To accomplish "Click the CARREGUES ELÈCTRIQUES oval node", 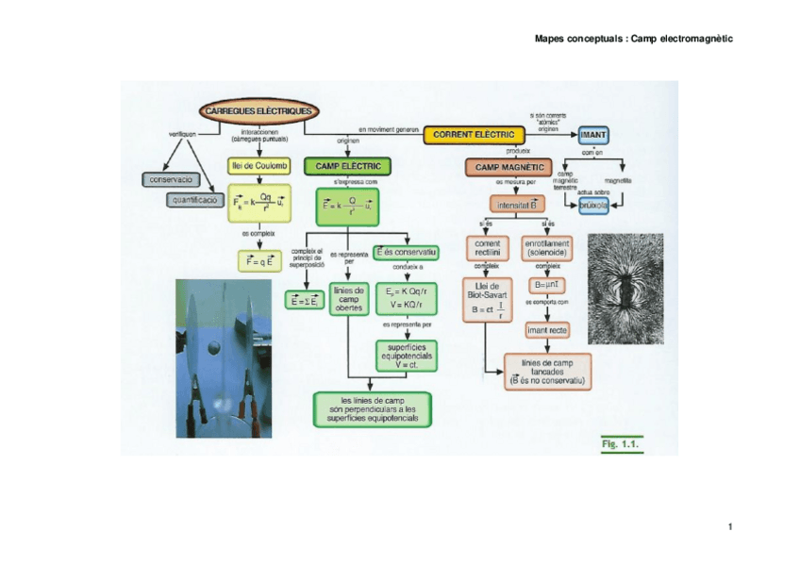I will pyautogui.click(x=256, y=111).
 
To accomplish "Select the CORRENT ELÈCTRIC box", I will pyautogui.click(x=473, y=136).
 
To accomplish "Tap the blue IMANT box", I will pyautogui.click(x=592, y=136).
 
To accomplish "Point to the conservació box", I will pyautogui.click(x=169, y=178).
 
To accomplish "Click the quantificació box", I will pyautogui.click(x=196, y=200).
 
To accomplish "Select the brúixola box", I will pyautogui.click(x=596, y=205).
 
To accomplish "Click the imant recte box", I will pyautogui.click(x=546, y=330).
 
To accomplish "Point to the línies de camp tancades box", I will pyautogui.click(x=548, y=371).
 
